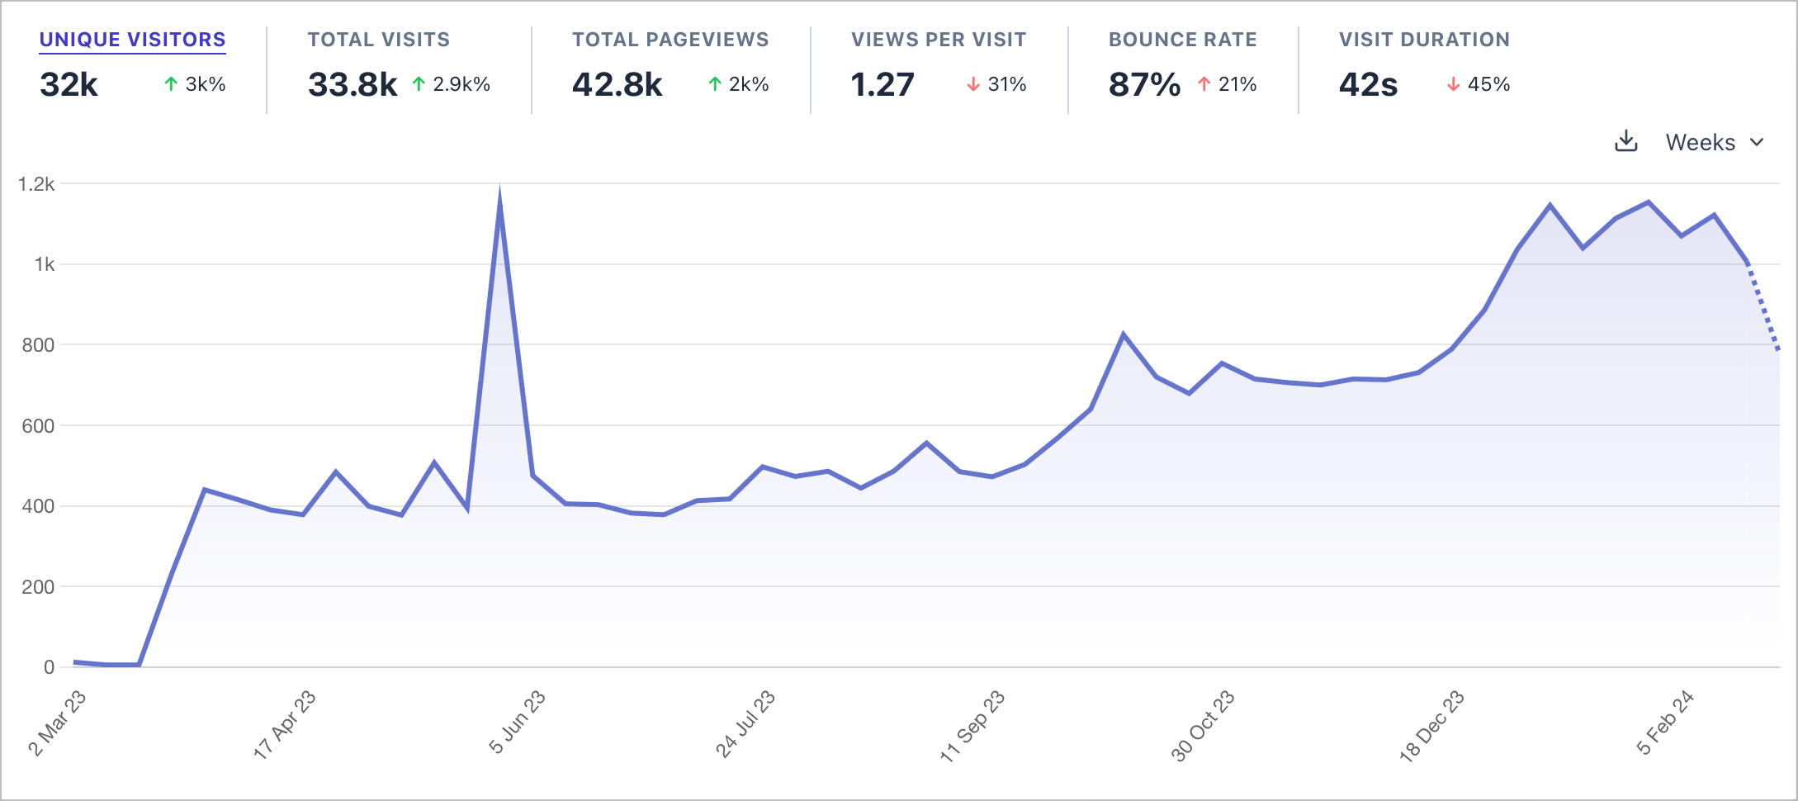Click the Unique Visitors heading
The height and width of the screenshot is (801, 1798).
tap(132, 40)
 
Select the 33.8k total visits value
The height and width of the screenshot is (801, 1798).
tap(353, 84)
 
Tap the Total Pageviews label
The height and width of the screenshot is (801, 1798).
tap(670, 40)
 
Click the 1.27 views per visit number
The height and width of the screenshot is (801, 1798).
tap(882, 84)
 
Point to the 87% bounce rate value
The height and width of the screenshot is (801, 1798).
tap(1144, 84)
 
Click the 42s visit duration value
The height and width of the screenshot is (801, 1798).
tap(1368, 84)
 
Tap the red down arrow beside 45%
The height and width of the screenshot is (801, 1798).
tap(1453, 84)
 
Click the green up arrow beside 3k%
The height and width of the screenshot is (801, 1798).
tap(171, 84)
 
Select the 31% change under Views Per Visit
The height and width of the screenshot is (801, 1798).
tap(1006, 84)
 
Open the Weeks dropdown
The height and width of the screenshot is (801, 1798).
tap(1714, 142)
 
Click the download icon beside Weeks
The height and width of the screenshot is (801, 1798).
tap(1625, 141)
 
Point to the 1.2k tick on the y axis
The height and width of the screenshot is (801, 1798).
tap(36, 184)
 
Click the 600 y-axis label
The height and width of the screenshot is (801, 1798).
tap(38, 426)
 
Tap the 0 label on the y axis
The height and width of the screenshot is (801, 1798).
tap(49, 667)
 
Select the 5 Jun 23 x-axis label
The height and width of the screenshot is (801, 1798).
tap(518, 722)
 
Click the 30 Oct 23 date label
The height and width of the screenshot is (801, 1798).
tap(1203, 725)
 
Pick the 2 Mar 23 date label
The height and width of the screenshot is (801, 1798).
tap(58, 723)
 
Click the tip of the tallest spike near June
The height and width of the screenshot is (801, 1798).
tap(499, 192)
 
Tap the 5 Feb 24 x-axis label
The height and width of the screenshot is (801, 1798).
tap(1665, 722)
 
